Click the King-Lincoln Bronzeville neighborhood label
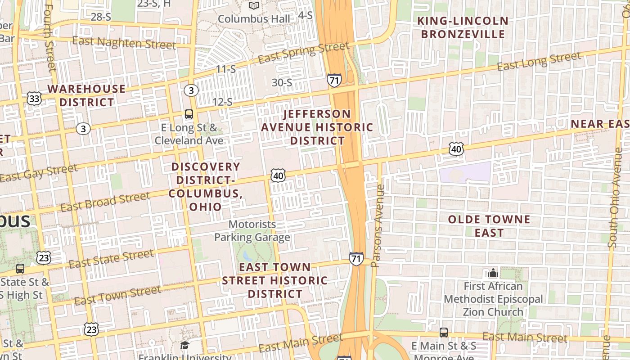click(463, 27)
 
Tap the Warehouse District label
click(86, 95)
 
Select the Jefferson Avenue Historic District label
click(317, 127)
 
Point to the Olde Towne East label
click(489, 226)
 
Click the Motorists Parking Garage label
click(252, 230)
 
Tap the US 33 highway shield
click(34, 99)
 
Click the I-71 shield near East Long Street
click(334, 81)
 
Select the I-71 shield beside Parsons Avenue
click(356, 259)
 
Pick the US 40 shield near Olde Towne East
click(456, 149)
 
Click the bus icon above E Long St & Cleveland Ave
click(189, 114)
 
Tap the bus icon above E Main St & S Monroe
click(444, 333)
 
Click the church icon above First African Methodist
click(493, 273)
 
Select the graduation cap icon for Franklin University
click(185, 346)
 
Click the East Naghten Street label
click(124, 43)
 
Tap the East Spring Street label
click(304, 53)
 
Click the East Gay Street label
click(39, 174)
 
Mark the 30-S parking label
click(282, 83)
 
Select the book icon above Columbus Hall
click(254, 6)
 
